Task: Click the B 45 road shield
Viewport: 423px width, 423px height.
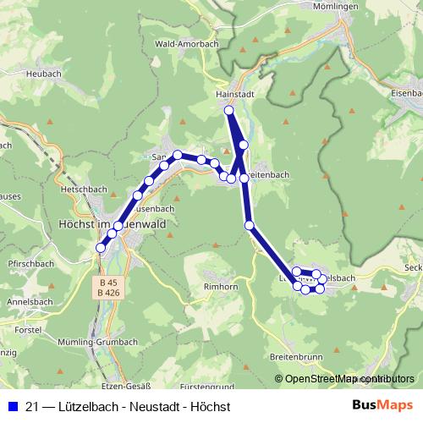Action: [107, 282]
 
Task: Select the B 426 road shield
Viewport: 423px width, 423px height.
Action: [107, 293]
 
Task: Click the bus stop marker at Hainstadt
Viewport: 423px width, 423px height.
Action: [228, 111]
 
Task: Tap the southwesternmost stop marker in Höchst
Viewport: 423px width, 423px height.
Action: [101, 248]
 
